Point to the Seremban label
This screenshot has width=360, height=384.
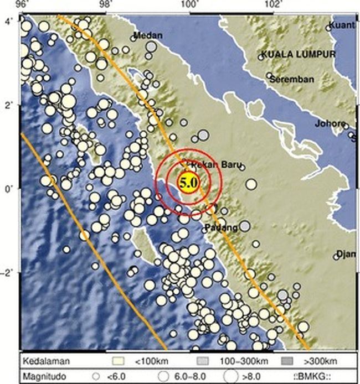click(x=292, y=79)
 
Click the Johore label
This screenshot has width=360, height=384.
click(x=330, y=123)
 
